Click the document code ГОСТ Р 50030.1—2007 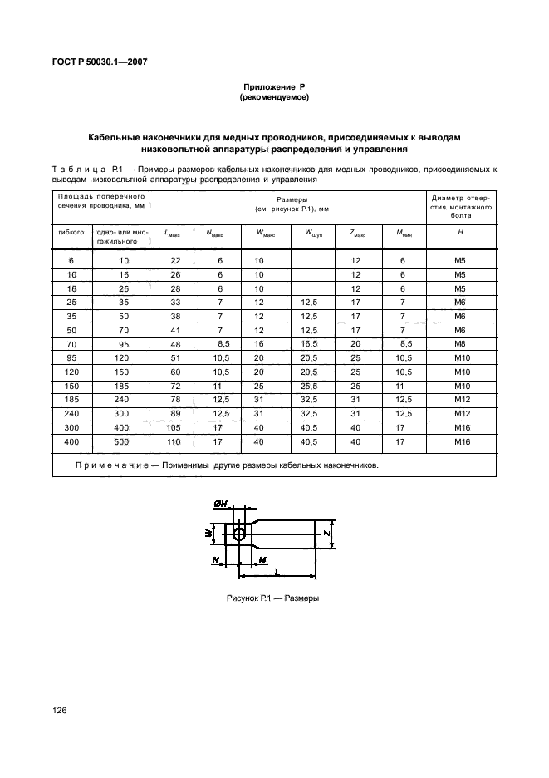pos(100,62)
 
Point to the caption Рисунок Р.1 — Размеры pos(273,598)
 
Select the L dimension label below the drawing pos(275,573)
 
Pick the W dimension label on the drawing pos(208,532)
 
